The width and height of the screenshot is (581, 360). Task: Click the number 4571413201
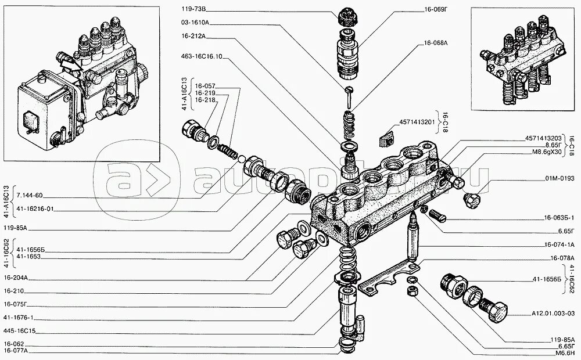click(417, 123)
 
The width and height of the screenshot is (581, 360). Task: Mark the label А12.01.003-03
click(551, 313)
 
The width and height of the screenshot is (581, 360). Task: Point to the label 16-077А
click(16, 351)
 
